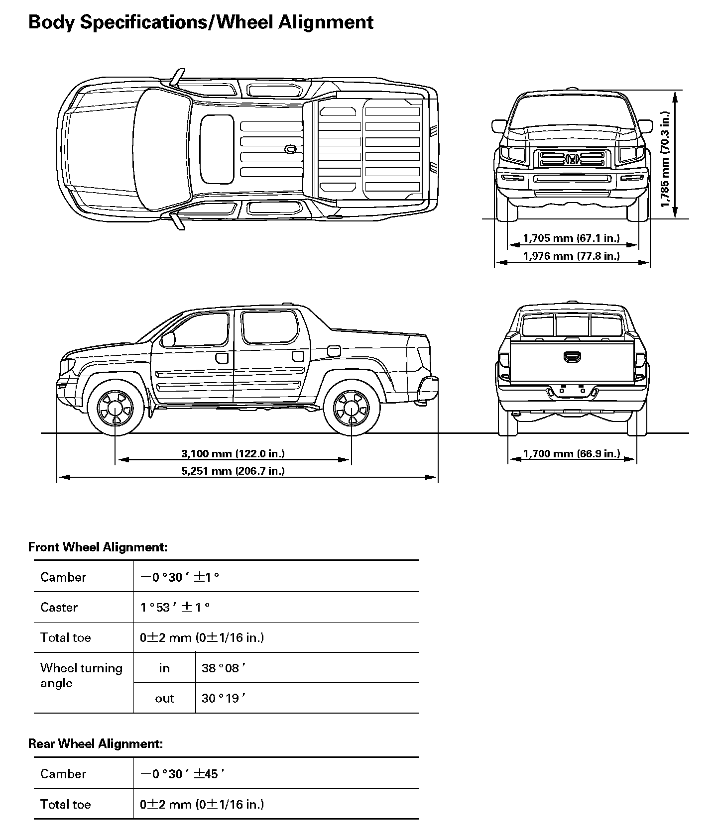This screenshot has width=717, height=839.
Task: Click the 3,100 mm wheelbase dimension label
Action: coord(233,453)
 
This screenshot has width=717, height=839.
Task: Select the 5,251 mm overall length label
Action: coord(233,471)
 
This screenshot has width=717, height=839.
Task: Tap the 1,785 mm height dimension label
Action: coord(665,158)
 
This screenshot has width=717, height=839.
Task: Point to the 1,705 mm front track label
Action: coord(571,238)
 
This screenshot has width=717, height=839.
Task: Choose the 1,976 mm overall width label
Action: coord(571,256)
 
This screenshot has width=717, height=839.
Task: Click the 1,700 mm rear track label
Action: coord(571,453)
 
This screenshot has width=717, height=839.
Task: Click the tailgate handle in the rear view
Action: coord(572,356)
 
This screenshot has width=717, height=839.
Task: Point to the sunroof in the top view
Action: coord(217,149)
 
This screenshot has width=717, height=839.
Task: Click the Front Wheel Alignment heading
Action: coord(98,547)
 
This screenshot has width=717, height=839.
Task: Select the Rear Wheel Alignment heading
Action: coord(96,743)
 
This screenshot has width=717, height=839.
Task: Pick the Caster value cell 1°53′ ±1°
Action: coord(175,607)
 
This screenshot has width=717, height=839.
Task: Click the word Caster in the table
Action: coord(59,607)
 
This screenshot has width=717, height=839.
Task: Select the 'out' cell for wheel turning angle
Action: coord(164,698)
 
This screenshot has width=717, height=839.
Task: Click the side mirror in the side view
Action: coord(168,339)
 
